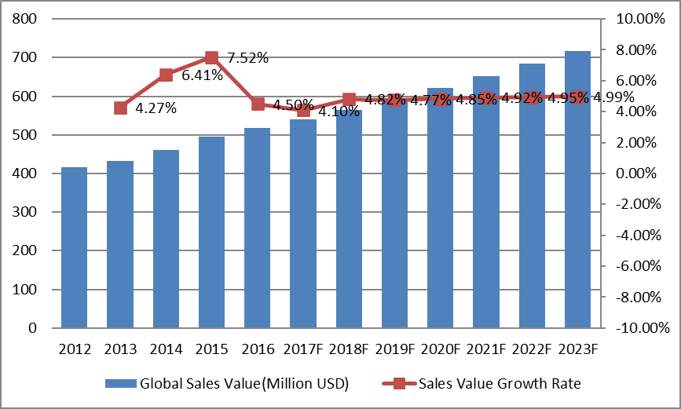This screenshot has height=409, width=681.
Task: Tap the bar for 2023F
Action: pyautogui.click(x=578, y=189)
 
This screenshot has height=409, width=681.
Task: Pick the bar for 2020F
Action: pyautogui.click(x=441, y=208)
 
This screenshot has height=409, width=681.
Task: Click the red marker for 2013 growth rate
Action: pyautogui.click(x=120, y=108)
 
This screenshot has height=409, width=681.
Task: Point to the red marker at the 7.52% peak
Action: pyautogui.click(x=211, y=57)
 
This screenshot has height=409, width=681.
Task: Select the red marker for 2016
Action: pyautogui.click(x=258, y=104)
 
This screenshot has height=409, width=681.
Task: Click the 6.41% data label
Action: pyautogui.click(x=202, y=76)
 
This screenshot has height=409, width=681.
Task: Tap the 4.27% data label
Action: pyautogui.click(x=156, y=108)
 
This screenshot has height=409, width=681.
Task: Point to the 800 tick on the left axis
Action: pyautogui.click(x=27, y=19)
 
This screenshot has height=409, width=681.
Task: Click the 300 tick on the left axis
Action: pyautogui.click(x=27, y=212)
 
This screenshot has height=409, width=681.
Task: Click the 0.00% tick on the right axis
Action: pyautogui.click(x=635, y=173)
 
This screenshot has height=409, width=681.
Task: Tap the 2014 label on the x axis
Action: pyautogui.click(x=166, y=349)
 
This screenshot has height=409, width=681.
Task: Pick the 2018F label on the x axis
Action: pyautogui.click(x=350, y=349)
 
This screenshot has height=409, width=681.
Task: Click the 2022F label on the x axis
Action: pyautogui.click(x=533, y=349)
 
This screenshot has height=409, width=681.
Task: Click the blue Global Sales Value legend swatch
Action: pyautogui.click(x=120, y=384)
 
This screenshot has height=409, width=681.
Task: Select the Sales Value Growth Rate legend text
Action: pyautogui.click(x=500, y=384)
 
